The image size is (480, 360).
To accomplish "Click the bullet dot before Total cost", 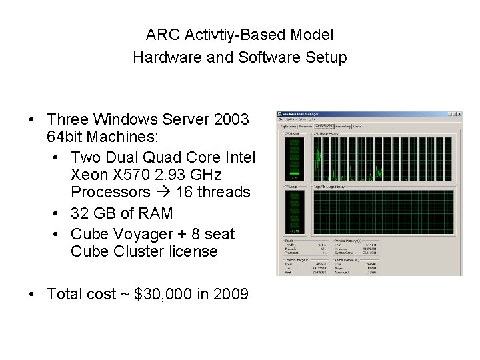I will [x=31, y=294].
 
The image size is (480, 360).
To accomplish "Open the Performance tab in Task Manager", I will [x=324, y=125].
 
